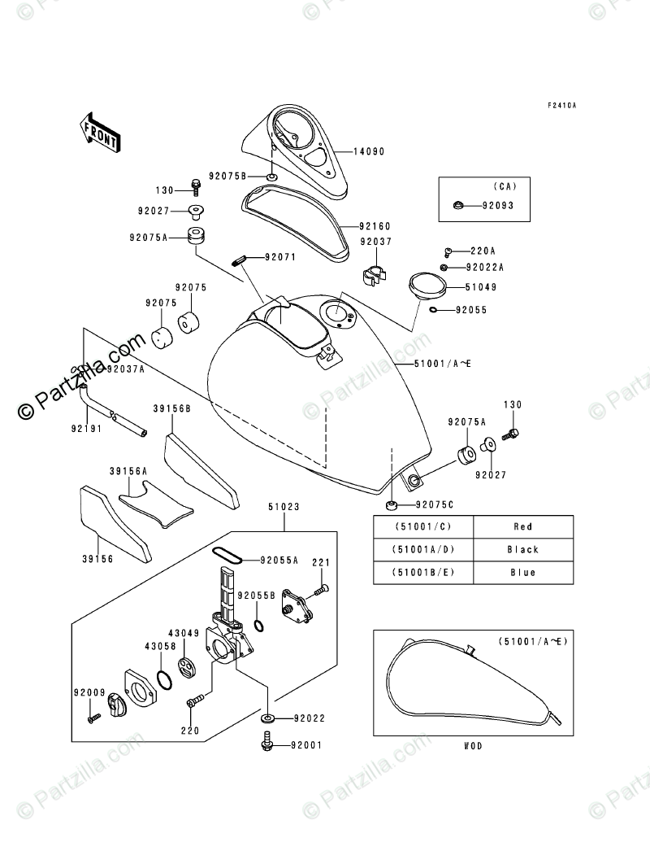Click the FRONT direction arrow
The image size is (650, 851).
[100, 131]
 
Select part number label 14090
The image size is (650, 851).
[369, 151]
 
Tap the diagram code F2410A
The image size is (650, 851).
[561, 105]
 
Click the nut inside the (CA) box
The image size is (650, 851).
[458, 205]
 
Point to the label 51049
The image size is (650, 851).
[481, 287]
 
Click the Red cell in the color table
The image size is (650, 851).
[523, 526]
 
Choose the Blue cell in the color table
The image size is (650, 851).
[523, 573]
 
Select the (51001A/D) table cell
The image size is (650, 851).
[423, 550]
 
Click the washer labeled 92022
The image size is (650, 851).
[268, 718]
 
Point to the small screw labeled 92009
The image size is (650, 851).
[93, 718]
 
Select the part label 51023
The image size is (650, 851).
[284, 507]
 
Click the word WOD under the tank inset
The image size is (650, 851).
[473, 746]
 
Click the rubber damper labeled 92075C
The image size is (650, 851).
[391, 506]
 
